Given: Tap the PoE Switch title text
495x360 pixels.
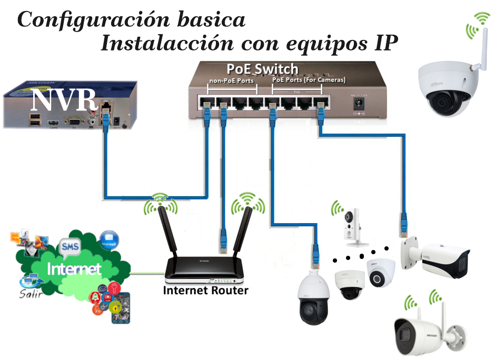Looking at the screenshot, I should (262, 69).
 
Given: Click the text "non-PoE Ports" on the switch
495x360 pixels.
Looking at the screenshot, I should (231, 81).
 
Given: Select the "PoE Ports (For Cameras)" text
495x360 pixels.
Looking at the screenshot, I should (309, 81).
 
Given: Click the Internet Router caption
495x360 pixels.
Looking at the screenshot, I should (205, 290).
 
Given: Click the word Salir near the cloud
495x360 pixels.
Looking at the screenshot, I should (31, 294).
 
